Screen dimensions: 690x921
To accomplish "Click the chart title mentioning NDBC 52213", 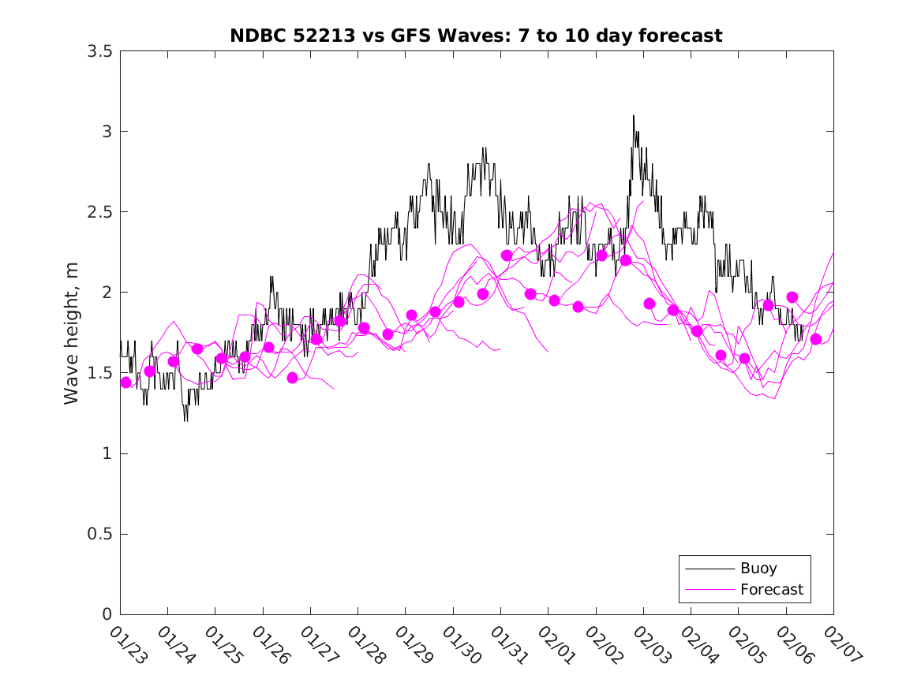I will tap(476, 36).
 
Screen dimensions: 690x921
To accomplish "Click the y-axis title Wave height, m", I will tap(72, 333).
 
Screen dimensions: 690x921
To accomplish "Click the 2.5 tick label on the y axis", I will tap(99, 212).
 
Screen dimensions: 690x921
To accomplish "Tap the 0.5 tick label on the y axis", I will tap(99, 535).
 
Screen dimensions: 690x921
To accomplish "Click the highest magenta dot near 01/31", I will tap(507, 255).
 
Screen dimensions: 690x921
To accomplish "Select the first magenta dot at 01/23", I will tap(125, 382).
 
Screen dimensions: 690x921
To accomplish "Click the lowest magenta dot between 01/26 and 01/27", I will tap(293, 378).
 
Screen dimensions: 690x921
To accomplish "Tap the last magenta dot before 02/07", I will tap(816, 339).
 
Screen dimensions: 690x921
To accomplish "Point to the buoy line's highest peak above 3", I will tap(633, 116).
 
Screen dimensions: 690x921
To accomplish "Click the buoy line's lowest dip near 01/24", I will tap(185, 420).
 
